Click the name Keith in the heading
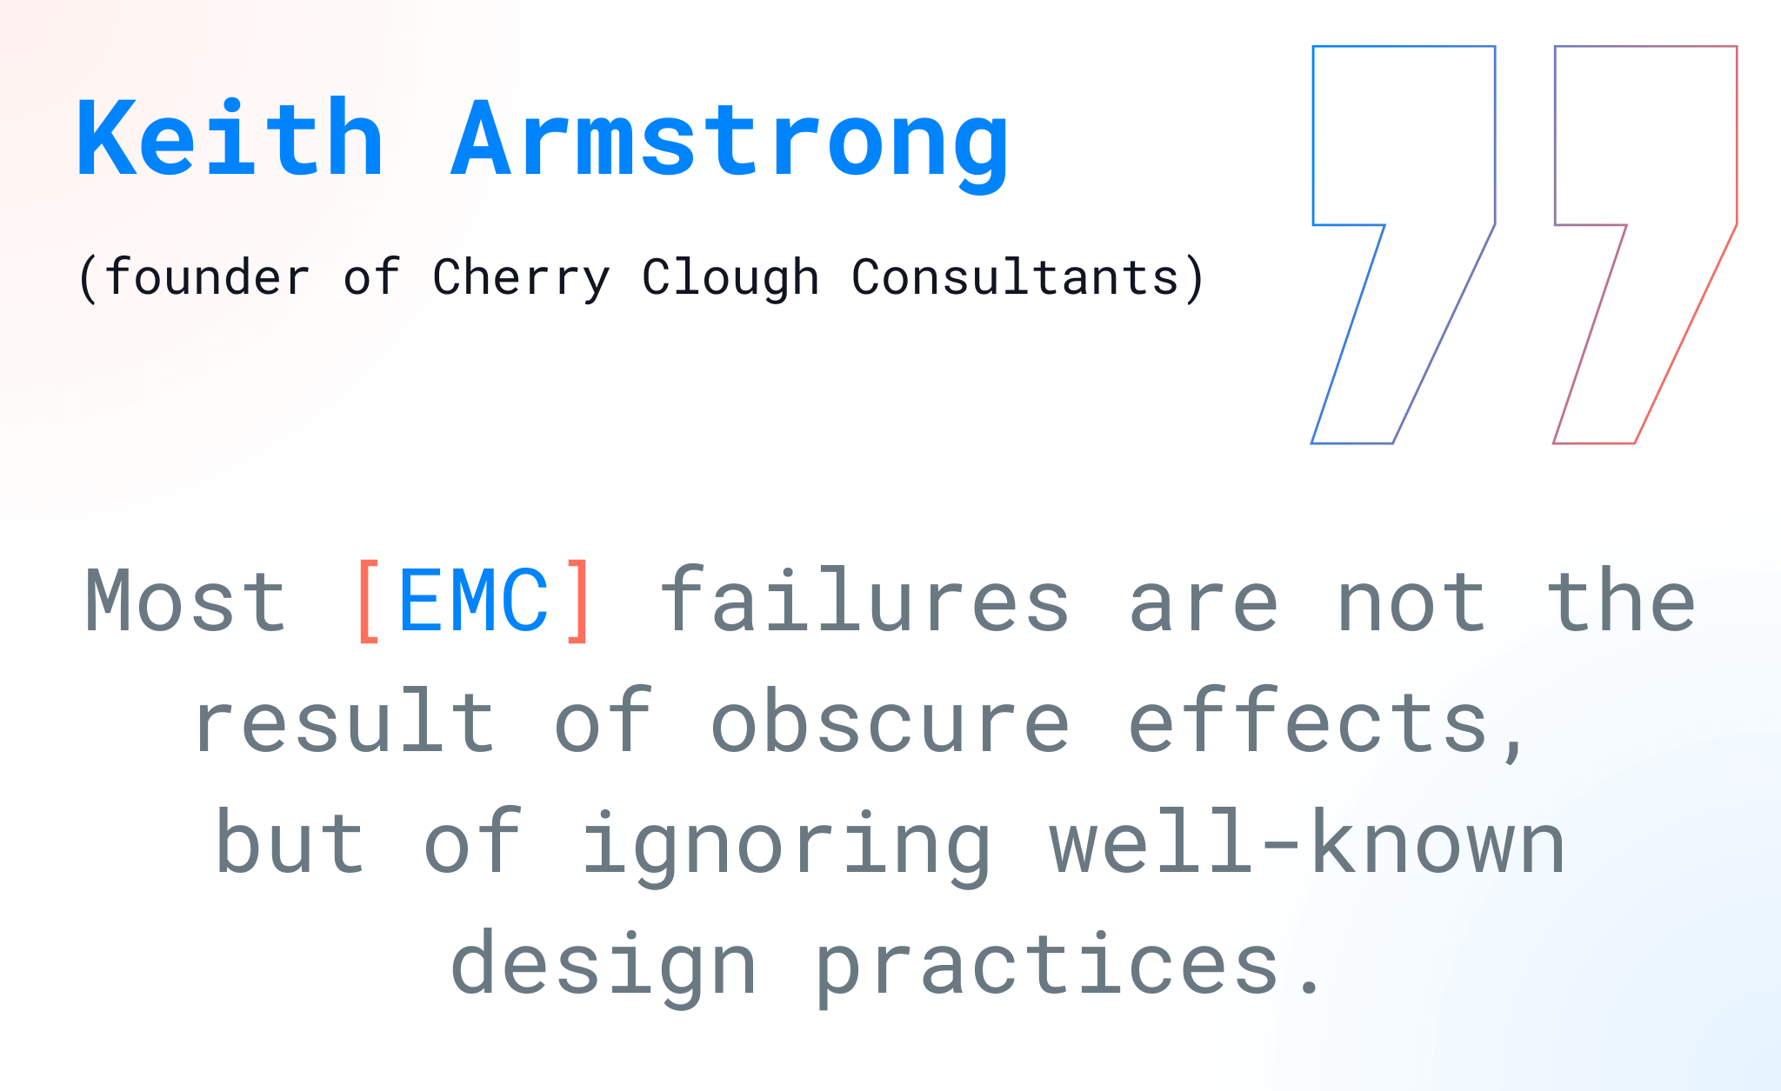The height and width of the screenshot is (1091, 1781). (230, 139)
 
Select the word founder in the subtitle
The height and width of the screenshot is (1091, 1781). (207, 278)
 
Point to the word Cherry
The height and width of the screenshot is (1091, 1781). (521, 278)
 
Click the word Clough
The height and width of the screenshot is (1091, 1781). (730, 278)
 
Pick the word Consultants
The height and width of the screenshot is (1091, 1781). (1015, 278)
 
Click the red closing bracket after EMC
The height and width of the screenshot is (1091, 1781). (578, 602)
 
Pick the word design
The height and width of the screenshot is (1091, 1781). (604, 965)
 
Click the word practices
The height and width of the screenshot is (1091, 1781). (1047, 965)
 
